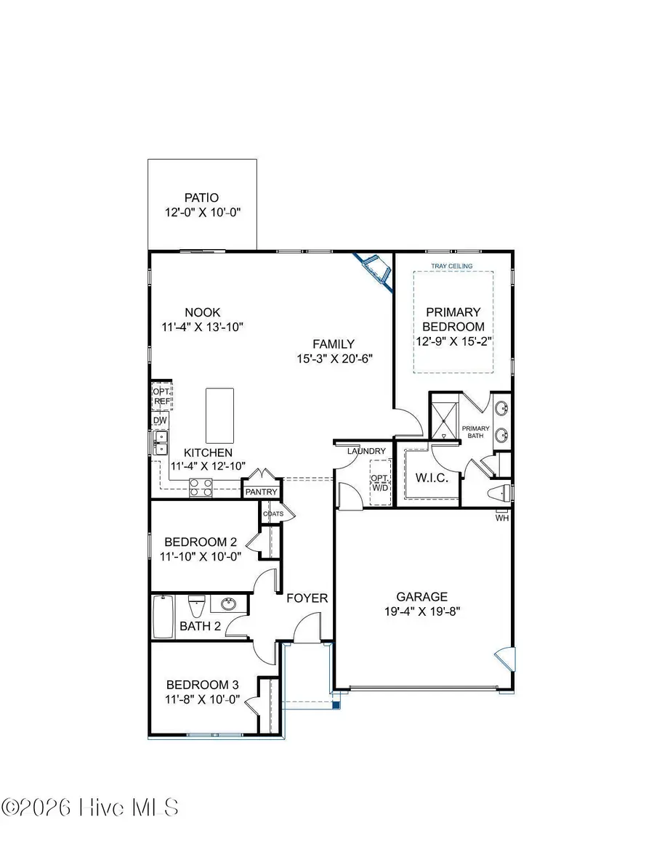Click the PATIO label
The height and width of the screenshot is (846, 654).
click(202, 198)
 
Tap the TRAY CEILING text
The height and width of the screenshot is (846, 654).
click(452, 266)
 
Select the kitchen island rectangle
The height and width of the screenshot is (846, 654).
click(220, 415)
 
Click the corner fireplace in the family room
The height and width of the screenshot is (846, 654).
click(376, 271)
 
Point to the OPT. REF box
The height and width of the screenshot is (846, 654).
click(161, 396)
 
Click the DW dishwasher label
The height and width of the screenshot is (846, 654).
click(160, 420)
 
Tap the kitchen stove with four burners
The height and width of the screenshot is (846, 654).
click(201, 487)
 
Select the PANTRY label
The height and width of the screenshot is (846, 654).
click(262, 492)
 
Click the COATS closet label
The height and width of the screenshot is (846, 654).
click(273, 514)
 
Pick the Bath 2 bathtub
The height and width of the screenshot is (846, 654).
click(163, 617)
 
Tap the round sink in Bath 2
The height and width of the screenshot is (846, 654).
click(229, 604)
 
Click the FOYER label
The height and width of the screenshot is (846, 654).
click(307, 598)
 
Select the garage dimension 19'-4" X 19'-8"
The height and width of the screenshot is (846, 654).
click(426, 611)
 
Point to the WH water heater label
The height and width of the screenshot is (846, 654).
click(502, 518)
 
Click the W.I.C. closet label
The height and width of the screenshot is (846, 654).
click(432, 479)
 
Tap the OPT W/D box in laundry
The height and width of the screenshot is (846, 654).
click(380, 483)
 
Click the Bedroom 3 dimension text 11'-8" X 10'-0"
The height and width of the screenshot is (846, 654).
click(203, 701)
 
